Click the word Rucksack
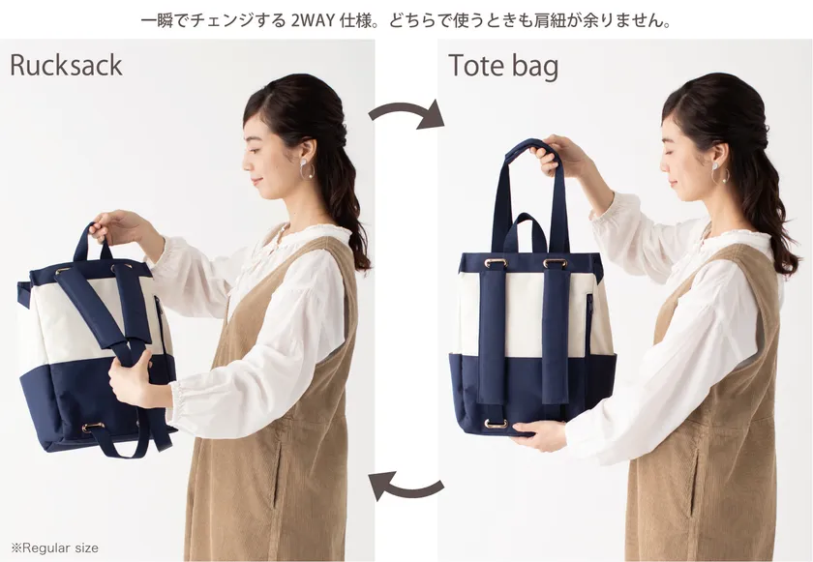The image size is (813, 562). tap(66, 65)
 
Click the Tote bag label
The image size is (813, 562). tap(503, 67)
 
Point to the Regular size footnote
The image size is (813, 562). tap(54, 547)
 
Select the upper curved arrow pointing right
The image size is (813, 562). tap(407, 110)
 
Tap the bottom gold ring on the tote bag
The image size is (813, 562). tap(496, 424)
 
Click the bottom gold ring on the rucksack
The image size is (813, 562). tap(93, 428)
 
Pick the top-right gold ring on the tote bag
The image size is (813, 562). tap(555, 263)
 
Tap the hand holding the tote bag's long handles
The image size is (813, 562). tap(557, 155)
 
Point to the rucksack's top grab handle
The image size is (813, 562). tap(92, 242)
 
